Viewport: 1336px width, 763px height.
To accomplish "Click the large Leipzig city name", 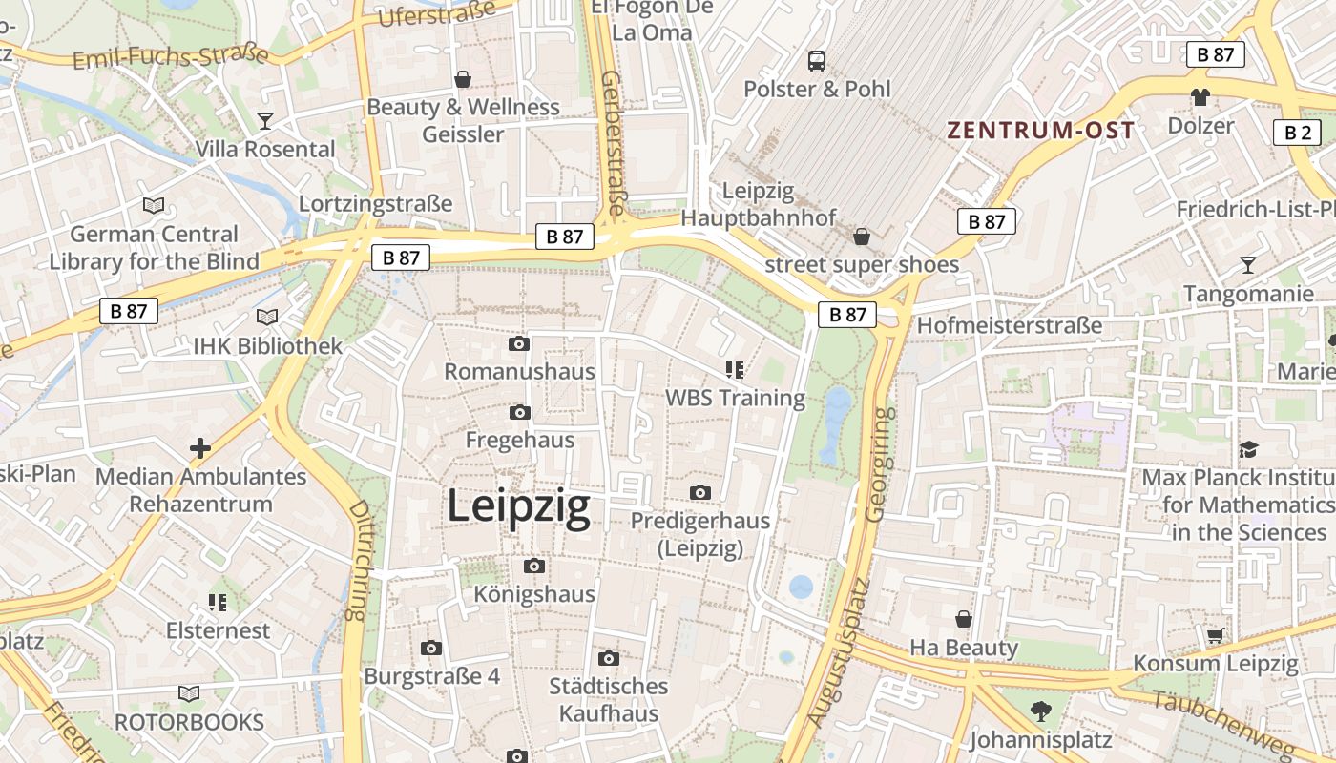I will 519,507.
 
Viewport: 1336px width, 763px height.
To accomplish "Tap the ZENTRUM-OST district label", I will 1041,131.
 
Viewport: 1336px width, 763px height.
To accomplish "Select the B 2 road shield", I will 1298,133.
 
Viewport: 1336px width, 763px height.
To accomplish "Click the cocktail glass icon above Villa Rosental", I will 265,121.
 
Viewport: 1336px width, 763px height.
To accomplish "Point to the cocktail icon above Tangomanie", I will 1247,265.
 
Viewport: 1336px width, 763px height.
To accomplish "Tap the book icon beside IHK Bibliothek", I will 267,317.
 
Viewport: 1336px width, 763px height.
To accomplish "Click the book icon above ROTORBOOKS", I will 189,693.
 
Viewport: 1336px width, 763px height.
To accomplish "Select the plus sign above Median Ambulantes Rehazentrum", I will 200,447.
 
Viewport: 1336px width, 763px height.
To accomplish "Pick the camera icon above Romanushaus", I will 519,343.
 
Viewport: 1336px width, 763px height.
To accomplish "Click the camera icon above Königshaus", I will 534,566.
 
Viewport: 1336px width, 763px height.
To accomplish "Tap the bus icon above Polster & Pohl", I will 817,61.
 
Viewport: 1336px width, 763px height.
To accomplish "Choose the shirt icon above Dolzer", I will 1200,97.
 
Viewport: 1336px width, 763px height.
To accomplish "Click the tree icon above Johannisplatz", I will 1040,711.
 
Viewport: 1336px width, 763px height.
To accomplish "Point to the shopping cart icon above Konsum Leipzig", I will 1215,635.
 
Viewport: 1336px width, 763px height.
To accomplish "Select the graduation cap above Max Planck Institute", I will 1248,449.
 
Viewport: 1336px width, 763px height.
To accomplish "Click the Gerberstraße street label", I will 614,143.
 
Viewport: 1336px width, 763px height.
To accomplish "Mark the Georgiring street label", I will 881,464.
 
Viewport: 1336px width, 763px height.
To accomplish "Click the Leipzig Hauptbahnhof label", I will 758,205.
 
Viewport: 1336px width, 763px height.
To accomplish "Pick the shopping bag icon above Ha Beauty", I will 964,620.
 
